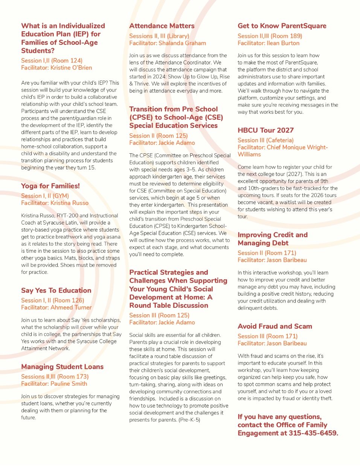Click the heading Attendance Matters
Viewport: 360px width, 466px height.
tap(162, 26)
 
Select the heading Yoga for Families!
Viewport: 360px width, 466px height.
tap(50, 186)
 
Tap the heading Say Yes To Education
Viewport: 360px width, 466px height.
tap(56, 290)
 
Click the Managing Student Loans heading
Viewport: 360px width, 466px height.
tap(62, 367)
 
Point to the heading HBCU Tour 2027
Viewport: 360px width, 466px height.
tap(265, 130)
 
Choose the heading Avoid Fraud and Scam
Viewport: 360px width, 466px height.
tap(275, 326)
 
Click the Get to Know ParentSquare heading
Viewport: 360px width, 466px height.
tap(282, 26)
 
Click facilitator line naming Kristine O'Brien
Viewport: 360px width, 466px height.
tap(56, 68)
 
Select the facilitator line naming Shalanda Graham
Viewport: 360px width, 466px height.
tap(168, 43)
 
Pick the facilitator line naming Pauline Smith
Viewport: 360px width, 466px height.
tap(54, 384)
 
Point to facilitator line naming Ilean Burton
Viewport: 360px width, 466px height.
tap(268, 43)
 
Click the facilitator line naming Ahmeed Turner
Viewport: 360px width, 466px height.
tap(56, 308)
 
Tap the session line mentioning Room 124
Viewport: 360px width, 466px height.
tap(52, 61)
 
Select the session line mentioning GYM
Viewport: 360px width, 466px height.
tap(45, 196)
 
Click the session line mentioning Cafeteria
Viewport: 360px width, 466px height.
tap(265, 140)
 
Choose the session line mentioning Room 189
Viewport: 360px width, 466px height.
tap(270, 36)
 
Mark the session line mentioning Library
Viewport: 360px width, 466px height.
tap(159, 36)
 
